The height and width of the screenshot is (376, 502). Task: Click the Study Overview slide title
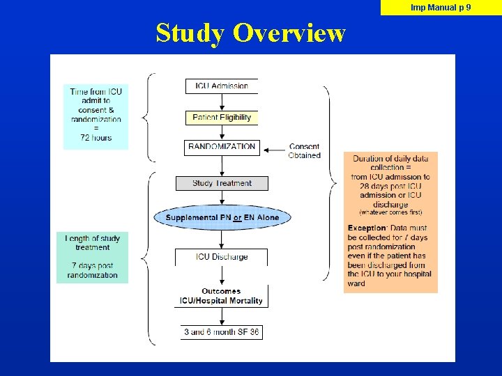coord(250,33)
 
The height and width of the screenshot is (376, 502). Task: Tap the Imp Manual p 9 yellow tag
coord(441,8)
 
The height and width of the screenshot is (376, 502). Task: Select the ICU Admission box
coord(221,86)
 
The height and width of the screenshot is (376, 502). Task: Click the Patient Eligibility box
coord(222,117)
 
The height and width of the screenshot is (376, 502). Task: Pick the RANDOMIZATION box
coord(222,147)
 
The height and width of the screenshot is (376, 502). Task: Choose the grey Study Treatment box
coord(222,183)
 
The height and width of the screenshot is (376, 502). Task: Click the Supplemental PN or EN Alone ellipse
coord(222,217)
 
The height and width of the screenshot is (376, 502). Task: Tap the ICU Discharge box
coord(222,257)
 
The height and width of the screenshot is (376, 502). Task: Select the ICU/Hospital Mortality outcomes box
coord(222,296)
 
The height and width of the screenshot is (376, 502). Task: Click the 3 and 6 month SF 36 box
coord(222,332)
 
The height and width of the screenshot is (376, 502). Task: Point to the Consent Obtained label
coord(304,151)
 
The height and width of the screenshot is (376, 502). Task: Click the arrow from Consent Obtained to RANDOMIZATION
coord(274,147)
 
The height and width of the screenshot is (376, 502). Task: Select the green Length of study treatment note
coord(93,257)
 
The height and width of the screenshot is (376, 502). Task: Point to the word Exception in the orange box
coord(367,228)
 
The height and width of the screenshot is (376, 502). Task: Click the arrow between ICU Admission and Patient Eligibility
coord(222,102)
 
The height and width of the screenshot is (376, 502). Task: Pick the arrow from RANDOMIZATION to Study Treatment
coord(222,166)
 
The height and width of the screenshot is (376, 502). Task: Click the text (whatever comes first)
coord(390,212)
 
